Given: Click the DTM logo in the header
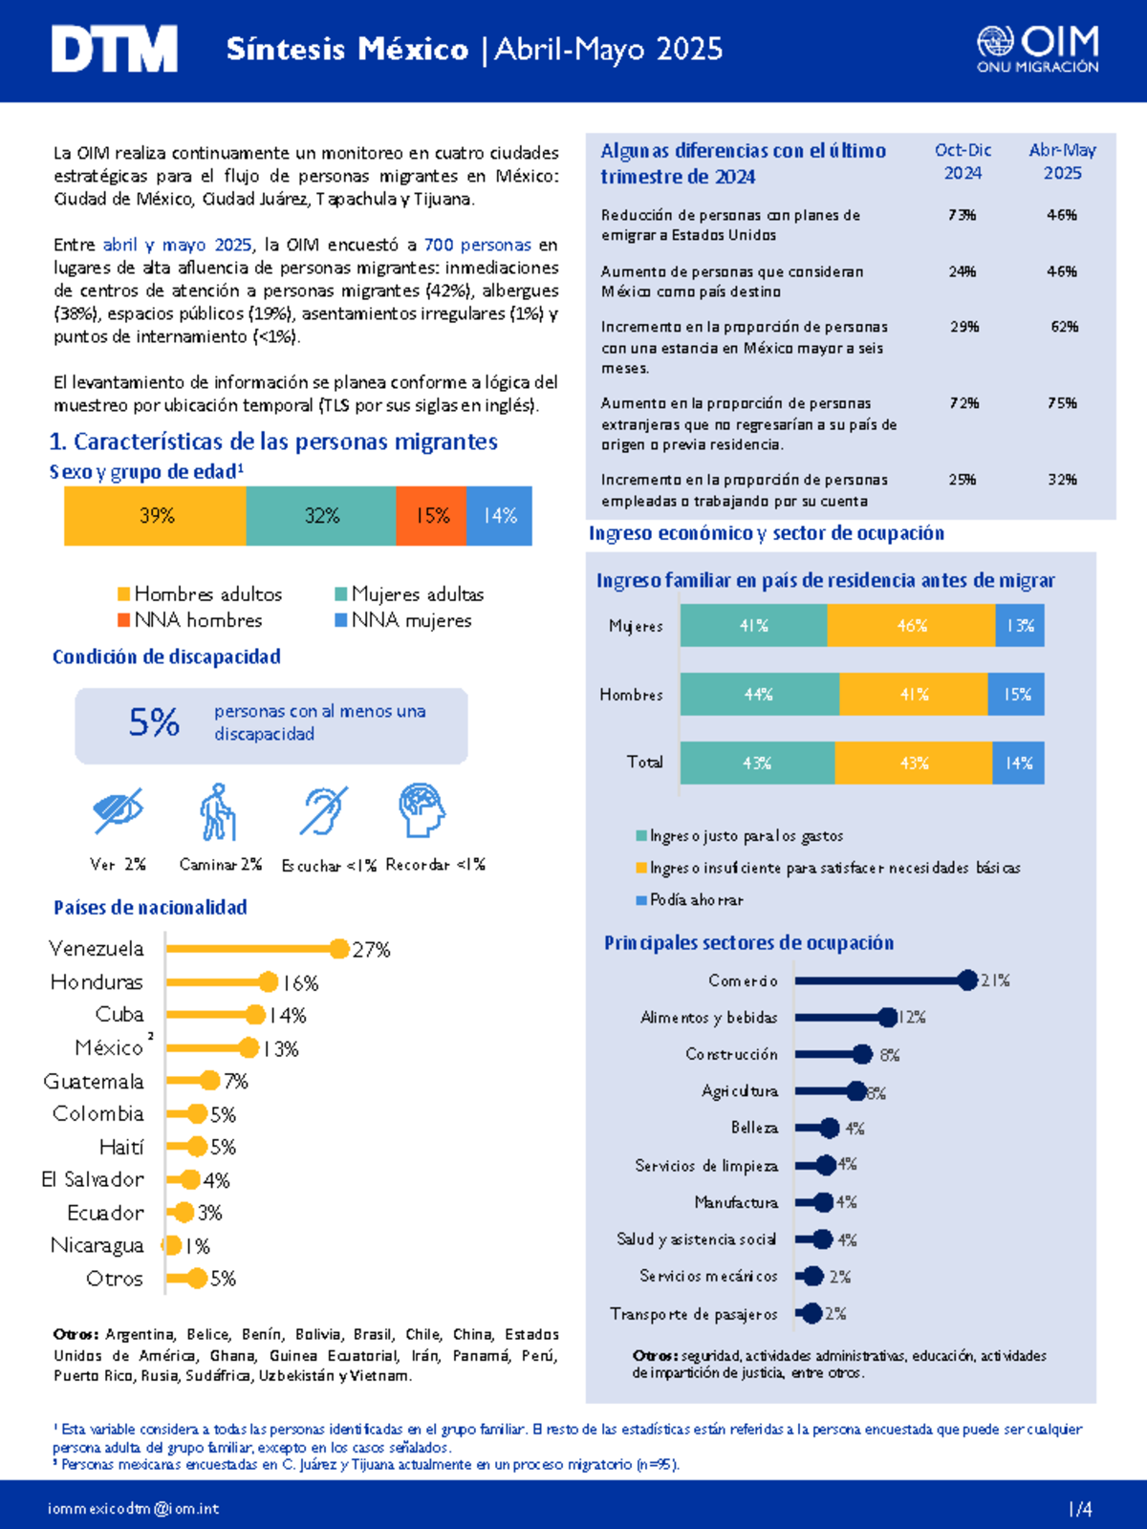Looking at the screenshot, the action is pos(114,49).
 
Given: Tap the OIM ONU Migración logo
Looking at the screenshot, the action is pos(1038,50).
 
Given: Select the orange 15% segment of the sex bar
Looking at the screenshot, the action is pos(431,515).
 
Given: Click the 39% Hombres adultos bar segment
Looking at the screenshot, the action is pos(155,515).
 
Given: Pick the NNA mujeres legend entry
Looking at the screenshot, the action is pos(403,620).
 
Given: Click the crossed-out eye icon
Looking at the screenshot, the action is pos(118,810).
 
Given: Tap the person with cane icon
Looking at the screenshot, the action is pos(218,811).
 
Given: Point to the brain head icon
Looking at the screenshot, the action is pos(422,810).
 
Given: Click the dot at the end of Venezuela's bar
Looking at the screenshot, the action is pos(339,948).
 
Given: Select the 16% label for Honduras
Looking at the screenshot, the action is pos(300,983).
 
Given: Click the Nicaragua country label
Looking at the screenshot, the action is pos(97,1245).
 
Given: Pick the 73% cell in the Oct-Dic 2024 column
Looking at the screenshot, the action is pos(962,215).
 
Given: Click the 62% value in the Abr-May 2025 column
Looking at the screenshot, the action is pos(1064,327).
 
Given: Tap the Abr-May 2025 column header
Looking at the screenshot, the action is pos(1062,161).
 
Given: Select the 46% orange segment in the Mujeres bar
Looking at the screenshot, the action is pos(911,626).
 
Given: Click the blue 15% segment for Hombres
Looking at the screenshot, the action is pos(1016,694).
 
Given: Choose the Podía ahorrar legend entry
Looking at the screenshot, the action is pos(689,900).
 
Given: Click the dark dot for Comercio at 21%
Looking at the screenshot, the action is pos(967,980).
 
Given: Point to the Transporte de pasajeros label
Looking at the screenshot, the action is pos(694,1314).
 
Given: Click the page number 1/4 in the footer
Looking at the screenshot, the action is pos(1080,1509).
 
